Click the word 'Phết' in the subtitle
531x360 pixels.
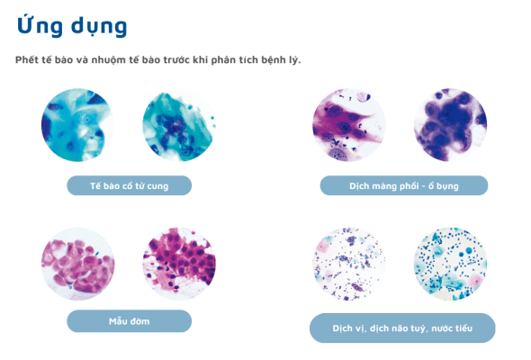[x=28, y=60]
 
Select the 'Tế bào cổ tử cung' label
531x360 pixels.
[x=130, y=186]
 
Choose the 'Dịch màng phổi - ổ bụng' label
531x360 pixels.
[x=404, y=186]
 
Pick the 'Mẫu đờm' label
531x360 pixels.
[x=130, y=321]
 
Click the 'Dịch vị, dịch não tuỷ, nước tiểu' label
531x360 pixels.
[x=402, y=328]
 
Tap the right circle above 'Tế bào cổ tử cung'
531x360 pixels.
[x=179, y=126]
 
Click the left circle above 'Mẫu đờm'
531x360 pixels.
[x=77, y=264]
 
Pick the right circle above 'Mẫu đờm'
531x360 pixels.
[x=179, y=264]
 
